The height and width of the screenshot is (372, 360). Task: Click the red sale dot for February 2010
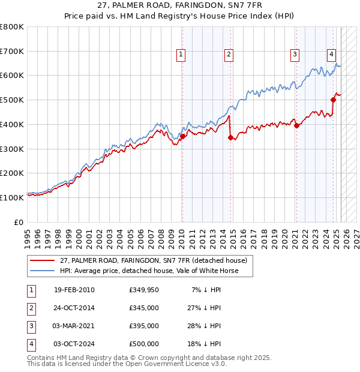182,136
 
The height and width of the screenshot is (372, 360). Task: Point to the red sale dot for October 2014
230,137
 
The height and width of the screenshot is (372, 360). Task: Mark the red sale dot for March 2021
296,125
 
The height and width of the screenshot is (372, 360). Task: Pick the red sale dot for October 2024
334,100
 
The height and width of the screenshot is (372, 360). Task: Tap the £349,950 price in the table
144,290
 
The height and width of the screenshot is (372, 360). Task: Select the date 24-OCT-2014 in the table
74,308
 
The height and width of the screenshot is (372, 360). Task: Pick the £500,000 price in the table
144,344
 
